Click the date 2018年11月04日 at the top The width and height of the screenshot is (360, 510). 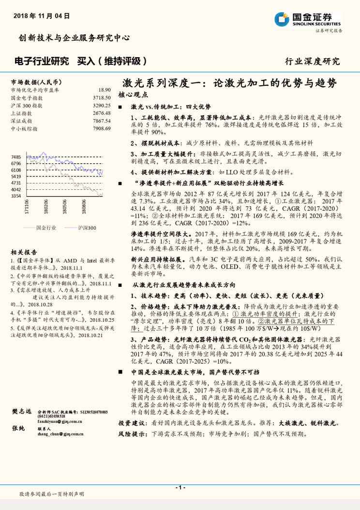pos(42,16)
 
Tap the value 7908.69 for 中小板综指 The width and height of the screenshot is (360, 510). pos(102,128)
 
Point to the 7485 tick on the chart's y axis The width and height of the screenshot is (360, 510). pos(16,157)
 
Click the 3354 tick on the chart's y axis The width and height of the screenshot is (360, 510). pos(16,196)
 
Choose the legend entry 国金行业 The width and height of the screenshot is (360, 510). pos(46,228)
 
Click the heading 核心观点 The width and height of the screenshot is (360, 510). pos(132,95)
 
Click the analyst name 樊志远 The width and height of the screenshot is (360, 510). pos(21,412)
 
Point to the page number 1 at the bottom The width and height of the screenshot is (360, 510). pos(180,487)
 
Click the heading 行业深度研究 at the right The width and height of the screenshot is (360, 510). pos(312,61)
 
